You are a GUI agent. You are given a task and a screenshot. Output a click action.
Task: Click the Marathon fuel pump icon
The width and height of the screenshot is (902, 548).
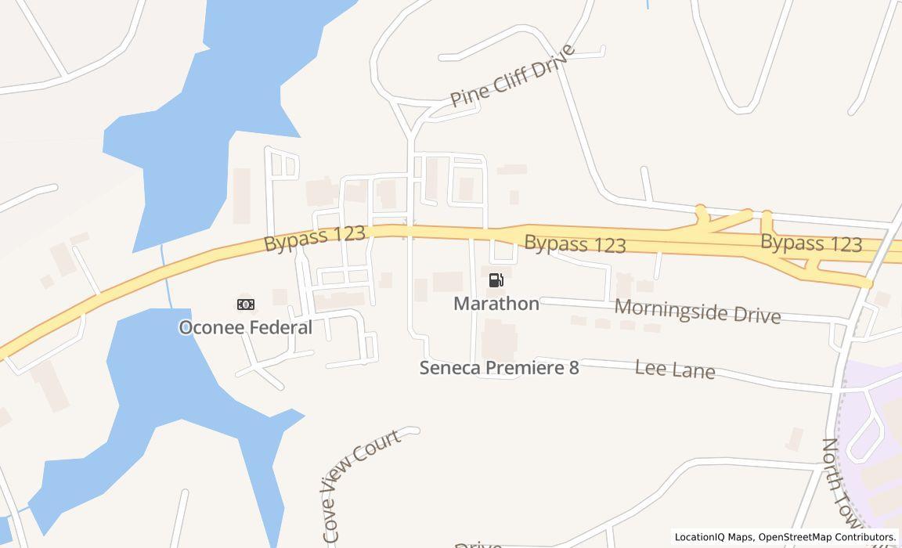(x=496, y=280)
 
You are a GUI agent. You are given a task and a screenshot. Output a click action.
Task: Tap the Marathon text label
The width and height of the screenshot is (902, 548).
(x=496, y=304)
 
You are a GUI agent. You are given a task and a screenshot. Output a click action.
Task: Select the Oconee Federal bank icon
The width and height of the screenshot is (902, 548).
(x=245, y=304)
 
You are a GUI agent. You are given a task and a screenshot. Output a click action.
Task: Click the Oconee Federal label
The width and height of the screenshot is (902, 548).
(x=245, y=327)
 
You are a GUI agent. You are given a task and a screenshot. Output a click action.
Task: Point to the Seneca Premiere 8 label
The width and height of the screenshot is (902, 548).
(x=499, y=367)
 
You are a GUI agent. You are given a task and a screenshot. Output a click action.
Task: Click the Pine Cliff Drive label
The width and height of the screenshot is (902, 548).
(x=513, y=77)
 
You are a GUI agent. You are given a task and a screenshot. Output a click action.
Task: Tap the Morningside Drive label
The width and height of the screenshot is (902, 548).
(x=697, y=311)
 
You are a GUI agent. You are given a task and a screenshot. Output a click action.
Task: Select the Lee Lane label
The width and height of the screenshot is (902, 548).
(x=675, y=369)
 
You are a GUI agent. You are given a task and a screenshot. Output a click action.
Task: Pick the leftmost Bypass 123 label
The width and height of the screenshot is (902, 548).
(x=315, y=238)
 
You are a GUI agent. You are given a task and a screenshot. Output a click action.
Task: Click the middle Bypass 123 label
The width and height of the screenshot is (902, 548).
(x=575, y=243)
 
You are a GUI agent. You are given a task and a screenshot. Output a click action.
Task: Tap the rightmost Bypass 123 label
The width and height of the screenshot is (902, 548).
(x=811, y=243)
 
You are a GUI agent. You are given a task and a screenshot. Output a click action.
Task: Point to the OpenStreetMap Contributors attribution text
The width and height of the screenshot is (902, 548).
(x=827, y=537)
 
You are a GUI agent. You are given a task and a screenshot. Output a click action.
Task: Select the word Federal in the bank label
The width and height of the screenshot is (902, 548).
(x=280, y=327)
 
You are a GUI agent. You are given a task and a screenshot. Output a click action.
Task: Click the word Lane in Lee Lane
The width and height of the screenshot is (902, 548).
(x=695, y=370)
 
